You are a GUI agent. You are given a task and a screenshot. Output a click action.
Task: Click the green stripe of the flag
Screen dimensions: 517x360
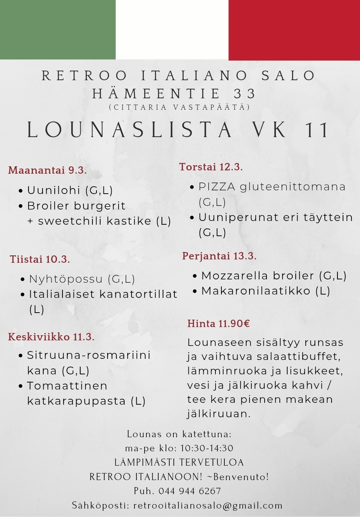[58, 30]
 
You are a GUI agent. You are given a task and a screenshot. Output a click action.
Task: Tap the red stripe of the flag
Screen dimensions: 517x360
[294, 30]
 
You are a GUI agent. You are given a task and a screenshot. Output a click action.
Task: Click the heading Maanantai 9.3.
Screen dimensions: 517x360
[47, 170]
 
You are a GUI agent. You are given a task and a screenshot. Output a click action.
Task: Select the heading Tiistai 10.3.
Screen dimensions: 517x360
[40, 259]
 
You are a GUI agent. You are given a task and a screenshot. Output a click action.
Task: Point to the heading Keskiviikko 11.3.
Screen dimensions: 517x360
[51, 337]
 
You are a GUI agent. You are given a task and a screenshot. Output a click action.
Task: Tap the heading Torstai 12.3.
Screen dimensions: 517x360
[211, 167]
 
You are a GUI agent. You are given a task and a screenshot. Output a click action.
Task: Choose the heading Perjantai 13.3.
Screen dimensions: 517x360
[219, 256]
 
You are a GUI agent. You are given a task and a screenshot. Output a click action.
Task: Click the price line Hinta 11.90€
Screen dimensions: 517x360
[219, 324]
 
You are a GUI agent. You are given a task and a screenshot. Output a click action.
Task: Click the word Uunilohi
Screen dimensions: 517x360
[54, 190]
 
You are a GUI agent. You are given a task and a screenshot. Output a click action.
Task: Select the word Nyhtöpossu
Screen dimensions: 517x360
[66, 279]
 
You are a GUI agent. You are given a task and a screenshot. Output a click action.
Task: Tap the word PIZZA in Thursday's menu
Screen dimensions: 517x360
[217, 187]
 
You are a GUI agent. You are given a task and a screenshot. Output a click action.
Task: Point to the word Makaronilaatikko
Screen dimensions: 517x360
[256, 291]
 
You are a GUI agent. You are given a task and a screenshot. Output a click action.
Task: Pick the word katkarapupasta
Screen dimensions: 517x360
[77, 401]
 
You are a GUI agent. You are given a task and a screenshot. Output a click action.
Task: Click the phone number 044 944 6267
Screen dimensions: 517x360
[190, 491]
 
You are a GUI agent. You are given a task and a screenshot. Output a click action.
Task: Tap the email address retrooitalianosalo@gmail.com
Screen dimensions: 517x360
[208, 506]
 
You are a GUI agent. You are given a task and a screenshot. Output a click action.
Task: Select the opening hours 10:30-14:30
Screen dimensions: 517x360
[207, 448]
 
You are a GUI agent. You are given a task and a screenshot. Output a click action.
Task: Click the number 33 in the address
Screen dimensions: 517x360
[245, 94]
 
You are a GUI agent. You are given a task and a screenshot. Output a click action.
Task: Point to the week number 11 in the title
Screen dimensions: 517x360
[317, 130]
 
